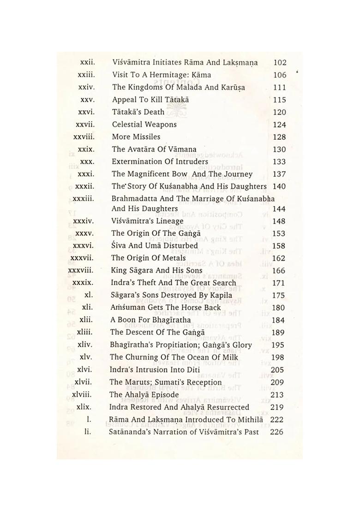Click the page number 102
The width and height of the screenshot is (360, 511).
click(x=280, y=62)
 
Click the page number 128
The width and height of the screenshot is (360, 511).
click(x=279, y=137)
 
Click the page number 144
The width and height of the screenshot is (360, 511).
click(x=279, y=209)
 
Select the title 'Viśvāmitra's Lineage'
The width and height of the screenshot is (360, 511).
click(x=147, y=221)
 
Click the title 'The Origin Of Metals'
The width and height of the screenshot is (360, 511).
click(x=149, y=258)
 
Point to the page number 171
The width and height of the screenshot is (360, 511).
click(x=279, y=283)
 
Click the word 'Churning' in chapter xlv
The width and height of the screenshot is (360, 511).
click(x=142, y=357)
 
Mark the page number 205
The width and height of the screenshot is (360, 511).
click(x=279, y=370)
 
